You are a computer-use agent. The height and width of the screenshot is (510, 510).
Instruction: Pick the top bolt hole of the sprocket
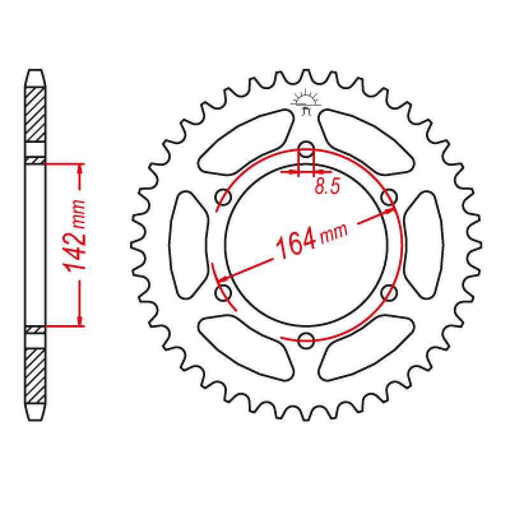click(x=306, y=147)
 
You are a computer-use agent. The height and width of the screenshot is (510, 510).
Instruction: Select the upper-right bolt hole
click(x=388, y=197)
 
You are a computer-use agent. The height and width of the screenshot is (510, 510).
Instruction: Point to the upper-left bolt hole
click(x=224, y=197)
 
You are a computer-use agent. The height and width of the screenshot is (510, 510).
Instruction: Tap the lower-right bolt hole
click(x=388, y=292)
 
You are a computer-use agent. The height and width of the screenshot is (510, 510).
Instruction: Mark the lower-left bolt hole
click(x=224, y=293)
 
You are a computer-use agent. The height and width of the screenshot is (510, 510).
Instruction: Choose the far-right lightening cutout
click(x=423, y=244)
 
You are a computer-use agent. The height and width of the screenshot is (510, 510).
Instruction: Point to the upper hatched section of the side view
click(x=36, y=115)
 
